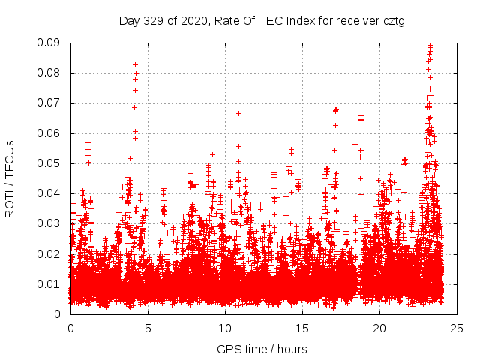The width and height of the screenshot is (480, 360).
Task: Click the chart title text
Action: tap(262, 20)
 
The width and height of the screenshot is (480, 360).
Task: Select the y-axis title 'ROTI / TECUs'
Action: tap(10, 178)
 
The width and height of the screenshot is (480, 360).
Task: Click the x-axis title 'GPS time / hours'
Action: tap(262, 349)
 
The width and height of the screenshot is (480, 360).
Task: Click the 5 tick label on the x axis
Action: tap(148, 328)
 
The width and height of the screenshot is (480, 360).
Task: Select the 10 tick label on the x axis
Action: tap(225, 328)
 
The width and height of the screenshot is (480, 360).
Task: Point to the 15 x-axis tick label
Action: tap(302, 328)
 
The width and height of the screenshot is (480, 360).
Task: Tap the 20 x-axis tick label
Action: tap(379, 328)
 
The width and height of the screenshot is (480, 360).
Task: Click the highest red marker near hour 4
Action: tap(135, 64)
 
